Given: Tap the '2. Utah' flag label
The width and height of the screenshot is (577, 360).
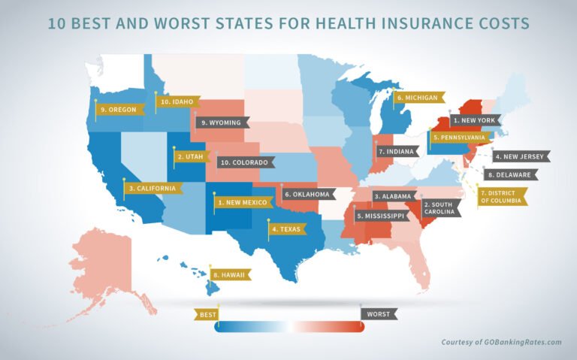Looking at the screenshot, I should point(191,157).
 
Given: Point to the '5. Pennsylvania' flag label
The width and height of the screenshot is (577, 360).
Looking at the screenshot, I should point(461,138).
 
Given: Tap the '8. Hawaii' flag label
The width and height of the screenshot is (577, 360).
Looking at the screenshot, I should point(232,275).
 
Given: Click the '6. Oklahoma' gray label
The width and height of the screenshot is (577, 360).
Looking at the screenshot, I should point(307,194).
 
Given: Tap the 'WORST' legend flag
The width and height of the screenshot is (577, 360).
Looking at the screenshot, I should point(379,313).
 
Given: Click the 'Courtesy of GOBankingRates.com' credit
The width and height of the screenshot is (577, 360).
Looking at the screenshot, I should point(501,342).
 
